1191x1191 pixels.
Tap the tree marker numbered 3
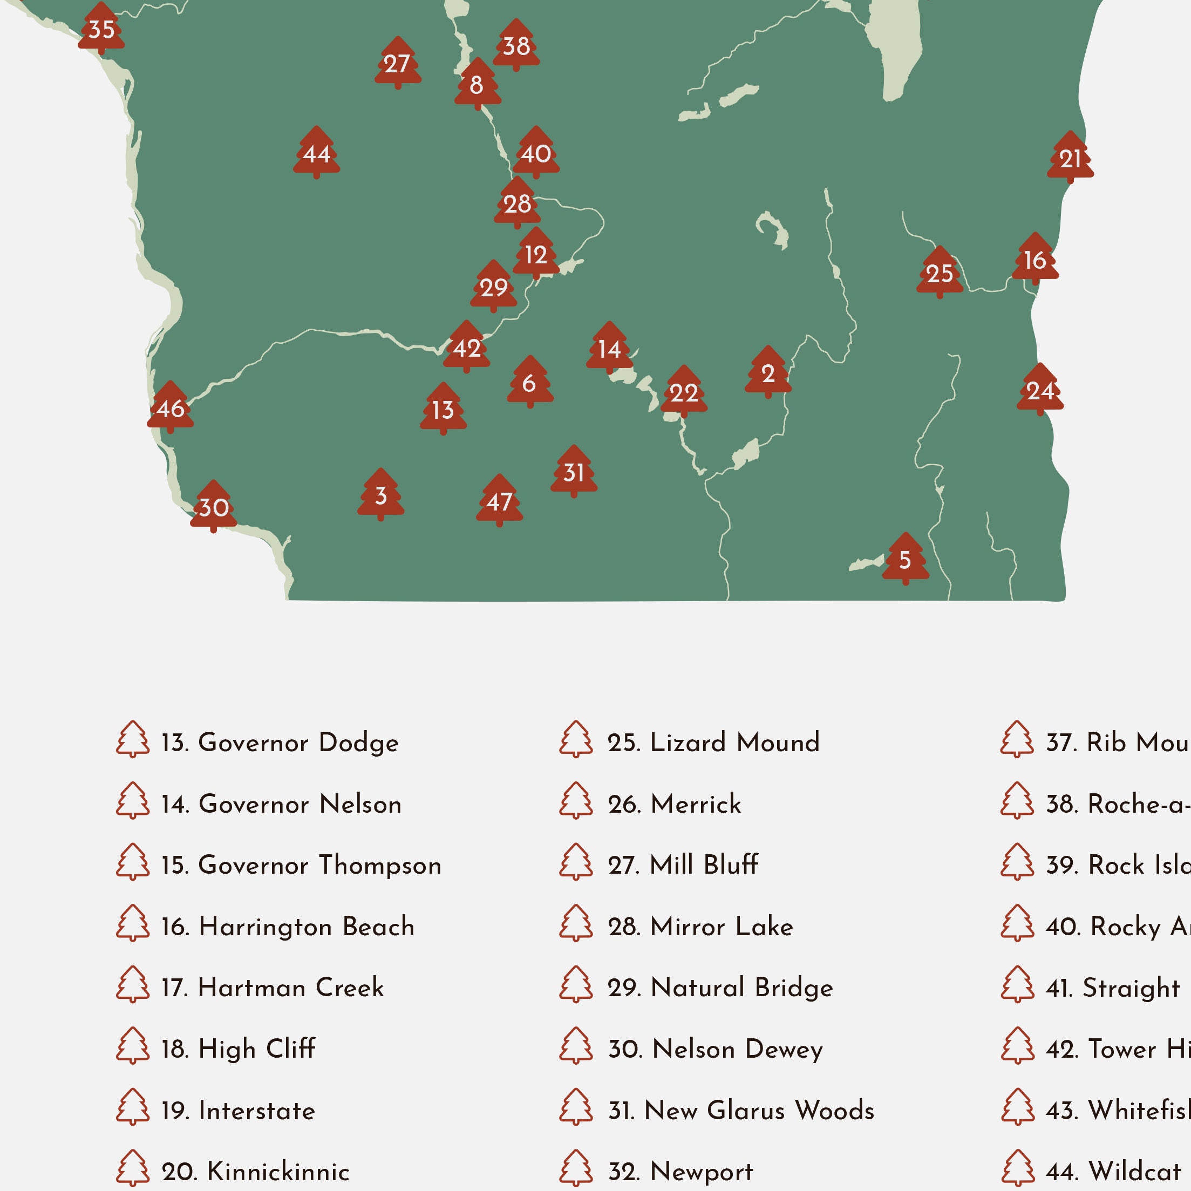click(x=381, y=495)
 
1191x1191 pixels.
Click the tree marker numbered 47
click(x=499, y=501)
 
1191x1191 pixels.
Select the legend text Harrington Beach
click(x=307, y=927)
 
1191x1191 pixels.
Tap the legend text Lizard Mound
click(x=735, y=742)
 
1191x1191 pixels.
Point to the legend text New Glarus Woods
click(x=759, y=1110)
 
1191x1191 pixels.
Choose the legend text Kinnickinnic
click(x=278, y=1171)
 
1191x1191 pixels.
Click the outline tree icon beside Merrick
click(x=576, y=801)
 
